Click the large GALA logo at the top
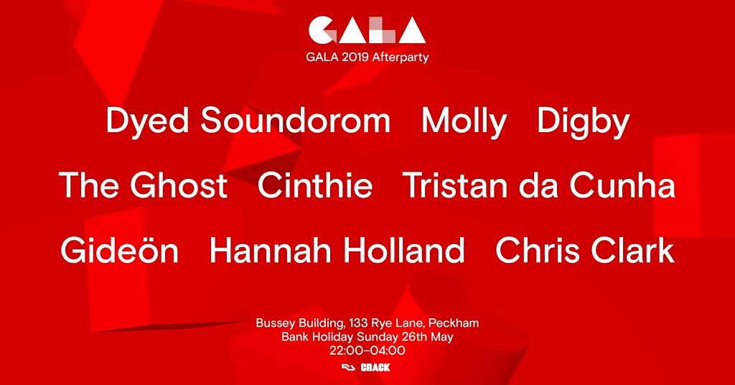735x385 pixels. (367, 30)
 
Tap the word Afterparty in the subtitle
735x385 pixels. (401, 57)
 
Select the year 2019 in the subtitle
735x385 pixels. (355, 57)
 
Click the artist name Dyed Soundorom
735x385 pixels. (248, 121)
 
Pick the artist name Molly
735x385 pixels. (464, 121)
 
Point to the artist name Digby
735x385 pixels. (583, 121)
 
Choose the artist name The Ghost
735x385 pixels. (144, 185)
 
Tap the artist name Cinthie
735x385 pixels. (315, 185)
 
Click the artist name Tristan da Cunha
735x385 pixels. (539, 185)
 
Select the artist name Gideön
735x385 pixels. (120, 249)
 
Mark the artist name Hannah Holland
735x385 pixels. (337, 249)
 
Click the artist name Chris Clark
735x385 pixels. (585, 249)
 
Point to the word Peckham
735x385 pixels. (454, 323)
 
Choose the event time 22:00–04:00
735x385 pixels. (367, 351)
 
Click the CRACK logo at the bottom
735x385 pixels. (375, 368)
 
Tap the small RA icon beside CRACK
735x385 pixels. (349, 368)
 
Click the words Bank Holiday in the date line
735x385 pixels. (317, 337)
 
